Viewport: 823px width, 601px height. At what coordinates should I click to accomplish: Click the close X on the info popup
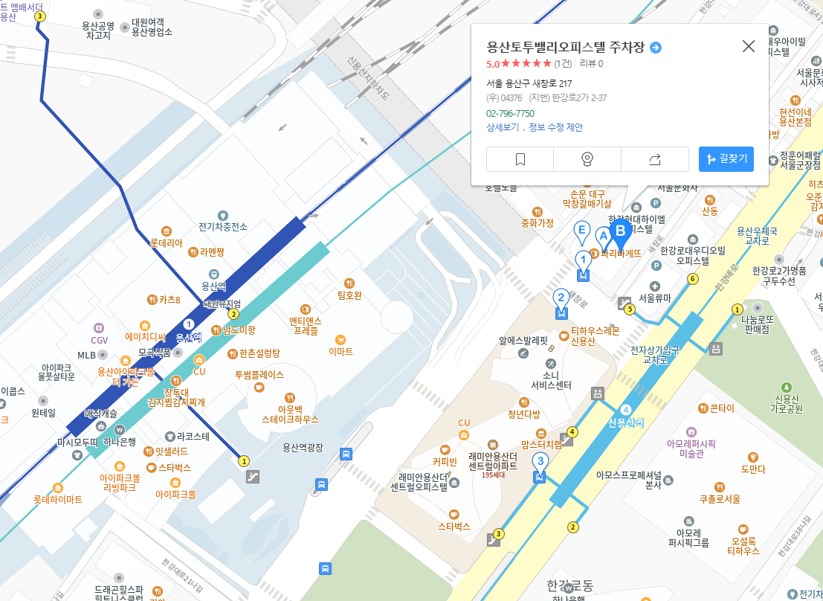[x=749, y=46]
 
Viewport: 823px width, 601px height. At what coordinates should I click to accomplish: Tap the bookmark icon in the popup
[x=520, y=159]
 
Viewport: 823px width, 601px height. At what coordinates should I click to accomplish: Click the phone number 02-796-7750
[x=510, y=113]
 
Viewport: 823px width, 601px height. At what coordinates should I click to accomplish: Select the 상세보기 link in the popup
[x=503, y=127]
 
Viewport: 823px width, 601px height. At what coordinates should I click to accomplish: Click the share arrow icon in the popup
[x=654, y=159]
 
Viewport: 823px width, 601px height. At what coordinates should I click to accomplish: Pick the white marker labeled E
[x=583, y=231]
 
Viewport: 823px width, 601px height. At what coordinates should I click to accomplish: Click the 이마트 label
[x=341, y=351]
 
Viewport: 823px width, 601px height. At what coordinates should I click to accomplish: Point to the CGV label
[x=100, y=340]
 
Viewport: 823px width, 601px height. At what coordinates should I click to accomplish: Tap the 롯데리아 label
[x=166, y=242]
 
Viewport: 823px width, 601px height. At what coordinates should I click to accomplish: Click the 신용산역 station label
[x=626, y=422]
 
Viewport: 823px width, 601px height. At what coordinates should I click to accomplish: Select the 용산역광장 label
[x=303, y=447]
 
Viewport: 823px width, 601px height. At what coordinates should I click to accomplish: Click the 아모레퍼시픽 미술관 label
[x=691, y=449]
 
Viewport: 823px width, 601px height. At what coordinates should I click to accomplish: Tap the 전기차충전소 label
[x=223, y=226]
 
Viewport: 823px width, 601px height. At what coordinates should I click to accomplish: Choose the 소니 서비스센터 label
[x=551, y=379]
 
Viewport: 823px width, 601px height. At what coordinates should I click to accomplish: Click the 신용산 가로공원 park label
[x=787, y=403]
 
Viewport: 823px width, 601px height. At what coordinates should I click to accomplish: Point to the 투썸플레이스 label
[x=259, y=375]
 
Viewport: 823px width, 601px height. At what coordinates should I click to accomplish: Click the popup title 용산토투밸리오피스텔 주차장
[x=566, y=48]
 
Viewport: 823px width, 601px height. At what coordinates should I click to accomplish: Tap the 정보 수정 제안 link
[x=555, y=127]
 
